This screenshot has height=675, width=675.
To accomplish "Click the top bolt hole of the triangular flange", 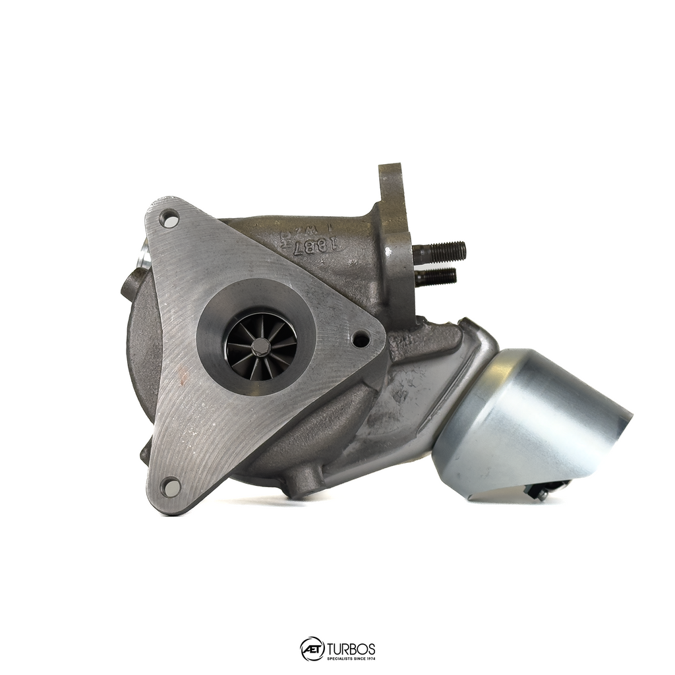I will (x=169, y=218).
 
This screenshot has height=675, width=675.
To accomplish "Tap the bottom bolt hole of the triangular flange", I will (x=171, y=487).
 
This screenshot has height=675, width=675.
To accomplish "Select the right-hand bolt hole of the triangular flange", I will (x=361, y=339).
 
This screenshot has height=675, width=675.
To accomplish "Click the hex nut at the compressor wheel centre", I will (x=261, y=347).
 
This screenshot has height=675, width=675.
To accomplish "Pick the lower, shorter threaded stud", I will (x=436, y=277).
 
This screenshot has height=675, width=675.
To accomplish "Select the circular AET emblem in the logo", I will (x=312, y=649).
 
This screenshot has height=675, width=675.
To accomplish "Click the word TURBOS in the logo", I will (x=351, y=646).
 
